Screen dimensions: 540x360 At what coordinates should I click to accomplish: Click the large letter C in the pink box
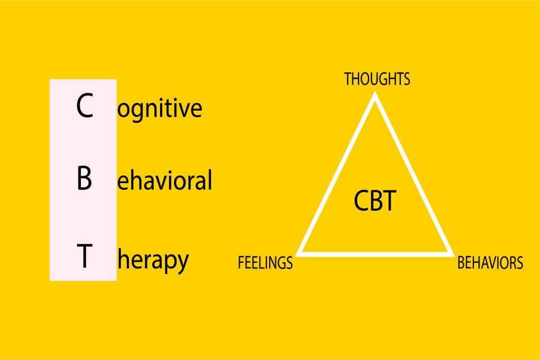(85, 106)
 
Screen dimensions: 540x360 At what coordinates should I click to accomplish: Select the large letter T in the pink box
(84, 255)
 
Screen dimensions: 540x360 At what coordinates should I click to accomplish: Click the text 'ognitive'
(159, 109)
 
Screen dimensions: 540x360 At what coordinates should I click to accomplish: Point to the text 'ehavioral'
(165, 180)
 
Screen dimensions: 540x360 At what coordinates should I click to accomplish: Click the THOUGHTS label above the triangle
(377, 79)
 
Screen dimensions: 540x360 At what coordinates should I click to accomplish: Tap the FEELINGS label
(265, 263)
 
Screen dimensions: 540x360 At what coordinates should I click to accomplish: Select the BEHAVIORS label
(490, 263)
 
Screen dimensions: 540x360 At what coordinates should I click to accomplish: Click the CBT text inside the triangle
(375, 201)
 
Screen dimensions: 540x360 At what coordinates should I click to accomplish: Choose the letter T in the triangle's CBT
(390, 201)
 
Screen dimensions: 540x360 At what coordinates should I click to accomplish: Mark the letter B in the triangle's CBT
(375, 201)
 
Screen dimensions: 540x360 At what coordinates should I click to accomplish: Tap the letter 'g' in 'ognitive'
(135, 111)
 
